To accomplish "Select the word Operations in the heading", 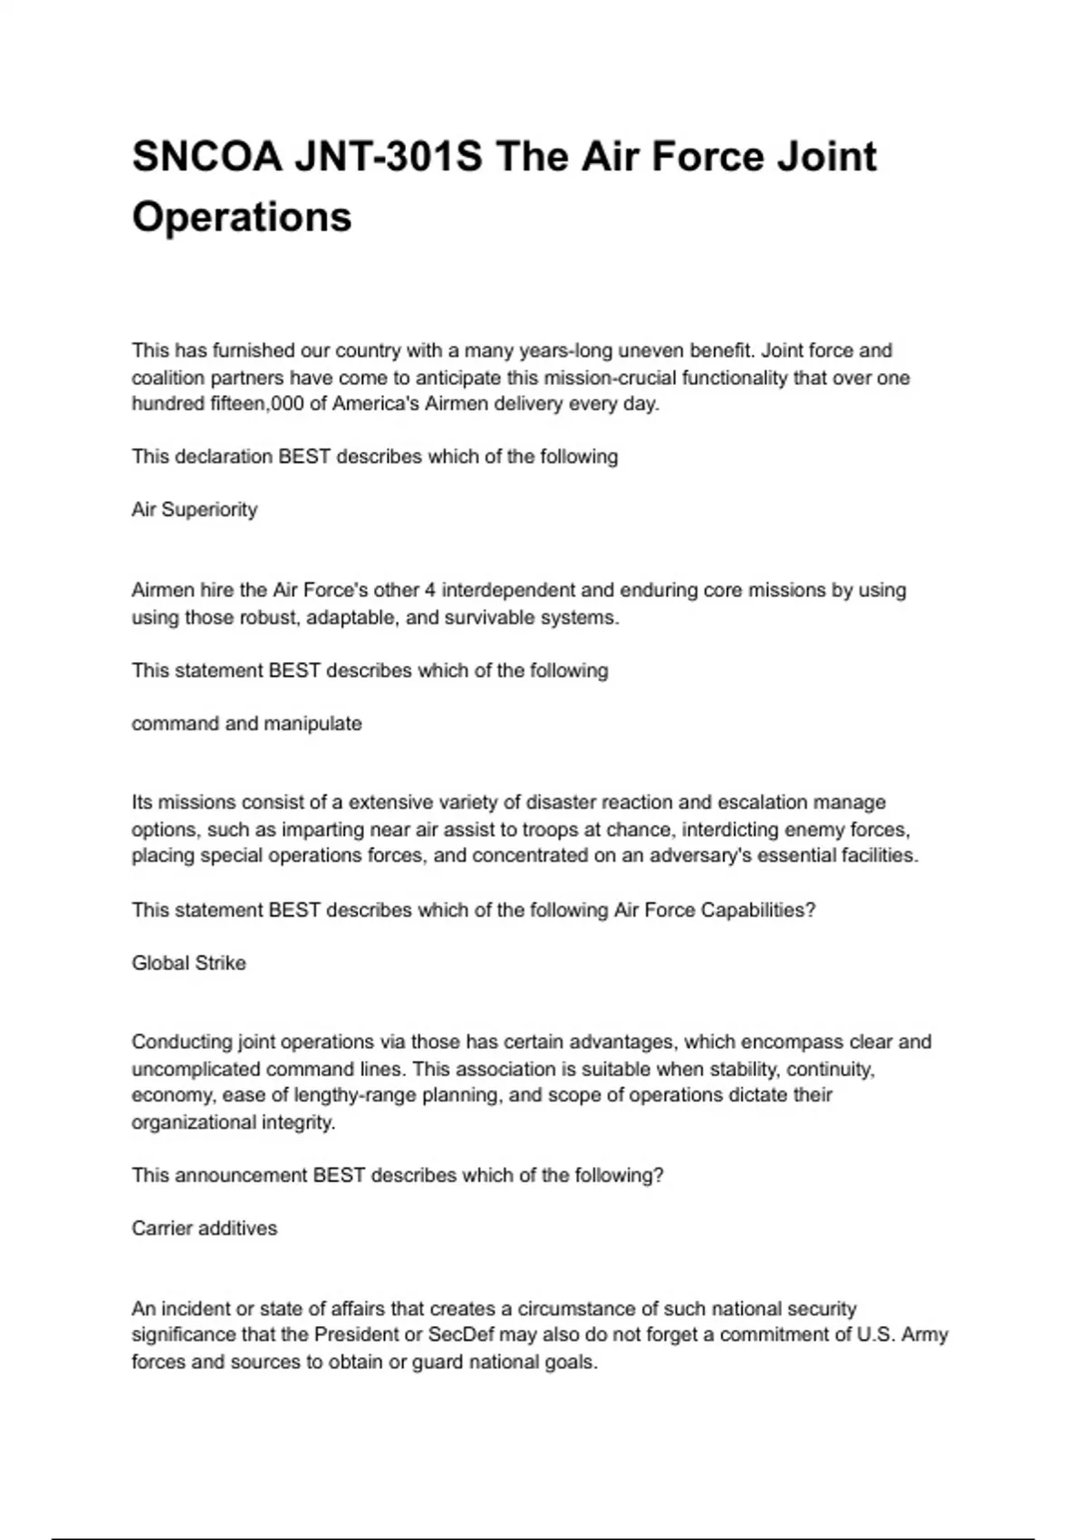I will pos(242,217).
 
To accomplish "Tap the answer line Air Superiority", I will pos(195,510).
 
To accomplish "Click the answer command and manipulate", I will pos(246,724).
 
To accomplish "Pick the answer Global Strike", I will pos(188,963).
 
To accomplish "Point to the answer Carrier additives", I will pos(205,1228).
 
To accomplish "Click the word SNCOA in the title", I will pos(207,157).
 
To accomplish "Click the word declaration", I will pos(223,457).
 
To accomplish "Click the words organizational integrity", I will pos(233,1122).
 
